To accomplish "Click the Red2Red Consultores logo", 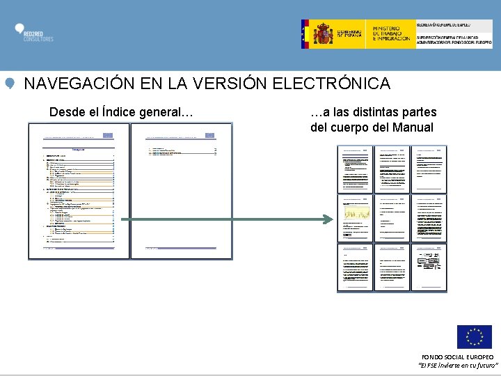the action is (34, 33).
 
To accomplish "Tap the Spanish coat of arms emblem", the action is (323, 33).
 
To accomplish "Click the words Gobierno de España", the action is (351, 33).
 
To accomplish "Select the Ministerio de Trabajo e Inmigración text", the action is (391, 33).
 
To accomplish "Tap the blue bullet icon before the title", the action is (10, 84).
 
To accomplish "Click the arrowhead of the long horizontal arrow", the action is (329, 219).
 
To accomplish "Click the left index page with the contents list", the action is (79, 191).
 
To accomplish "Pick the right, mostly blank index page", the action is (181, 191).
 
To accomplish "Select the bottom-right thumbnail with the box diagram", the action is (431, 266).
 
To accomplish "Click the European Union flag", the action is (474, 337).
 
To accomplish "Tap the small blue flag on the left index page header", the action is (107, 135).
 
